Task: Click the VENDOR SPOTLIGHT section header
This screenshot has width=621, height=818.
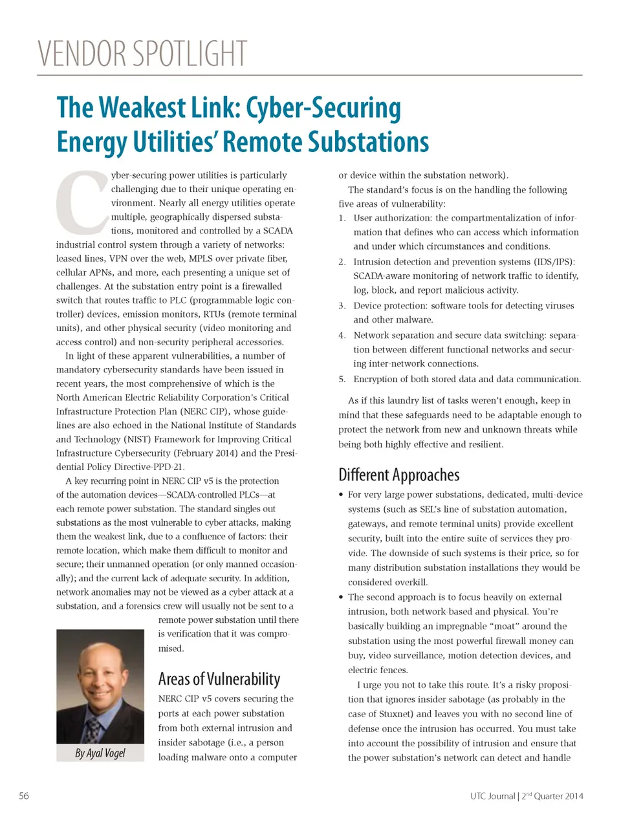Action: coord(142,53)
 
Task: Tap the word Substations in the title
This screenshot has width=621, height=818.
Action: coord(367,142)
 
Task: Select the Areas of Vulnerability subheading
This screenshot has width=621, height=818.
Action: coord(219,679)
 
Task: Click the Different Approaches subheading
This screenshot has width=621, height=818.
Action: coord(398,475)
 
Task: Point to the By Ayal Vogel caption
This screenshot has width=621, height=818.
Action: coord(100,753)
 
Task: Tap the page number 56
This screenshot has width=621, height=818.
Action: coord(24,796)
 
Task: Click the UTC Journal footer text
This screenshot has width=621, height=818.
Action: coord(492,796)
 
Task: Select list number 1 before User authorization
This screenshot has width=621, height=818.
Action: coord(342,218)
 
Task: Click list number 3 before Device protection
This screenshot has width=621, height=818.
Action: coord(342,306)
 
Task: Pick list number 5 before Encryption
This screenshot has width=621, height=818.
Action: coord(342,380)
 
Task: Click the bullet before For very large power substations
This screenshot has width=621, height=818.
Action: coord(341,495)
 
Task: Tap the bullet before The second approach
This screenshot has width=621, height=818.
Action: coord(341,597)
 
